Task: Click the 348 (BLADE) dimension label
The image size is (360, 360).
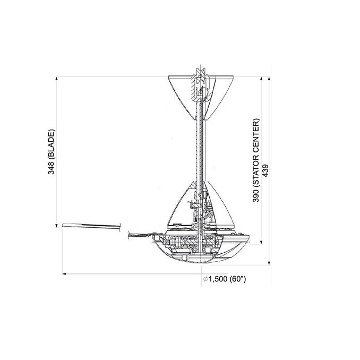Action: pyautogui.click(x=52, y=152)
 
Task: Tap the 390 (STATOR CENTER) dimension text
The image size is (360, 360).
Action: pyautogui.click(x=256, y=160)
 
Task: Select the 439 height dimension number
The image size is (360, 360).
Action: pyautogui.click(x=265, y=170)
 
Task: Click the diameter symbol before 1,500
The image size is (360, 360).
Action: pyautogui.click(x=205, y=279)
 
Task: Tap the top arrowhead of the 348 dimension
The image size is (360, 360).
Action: pyautogui.click(x=57, y=79)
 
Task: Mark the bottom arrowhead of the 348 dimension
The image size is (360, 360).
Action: pyautogui.click(x=57, y=226)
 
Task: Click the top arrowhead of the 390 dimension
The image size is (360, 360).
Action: pyautogui.click(x=261, y=79)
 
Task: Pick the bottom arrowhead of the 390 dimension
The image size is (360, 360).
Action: pyautogui.click(x=261, y=242)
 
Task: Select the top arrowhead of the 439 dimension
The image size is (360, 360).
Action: pyautogui.click(x=269, y=79)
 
